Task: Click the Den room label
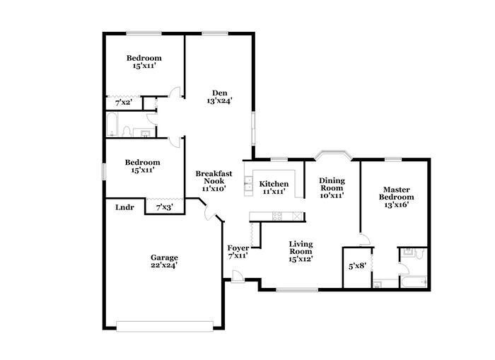[219, 96]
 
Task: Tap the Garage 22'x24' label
[163, 261]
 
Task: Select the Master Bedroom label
[397, 197]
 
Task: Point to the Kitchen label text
[274, 187]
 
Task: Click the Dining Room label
[331, 187]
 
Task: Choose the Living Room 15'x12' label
[301, 251]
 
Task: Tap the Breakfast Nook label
[210, 181]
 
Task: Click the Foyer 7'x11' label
[238, 252]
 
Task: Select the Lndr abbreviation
[124, 207]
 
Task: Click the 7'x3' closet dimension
[164, 207]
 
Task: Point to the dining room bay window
[332, 153]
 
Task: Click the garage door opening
[165, 326]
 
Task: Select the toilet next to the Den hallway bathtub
[127, 132]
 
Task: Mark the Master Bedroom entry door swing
[364, 239]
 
